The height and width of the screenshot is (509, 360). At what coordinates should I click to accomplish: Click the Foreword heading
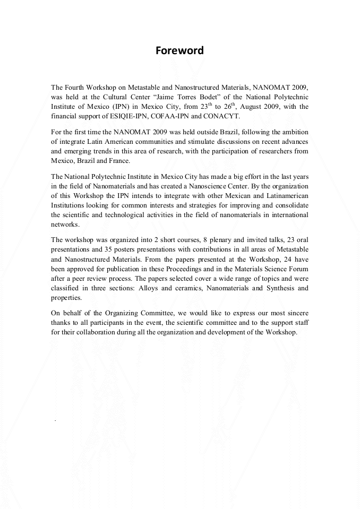(179, 51)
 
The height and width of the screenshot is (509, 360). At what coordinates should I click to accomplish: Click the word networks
(65, 225)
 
